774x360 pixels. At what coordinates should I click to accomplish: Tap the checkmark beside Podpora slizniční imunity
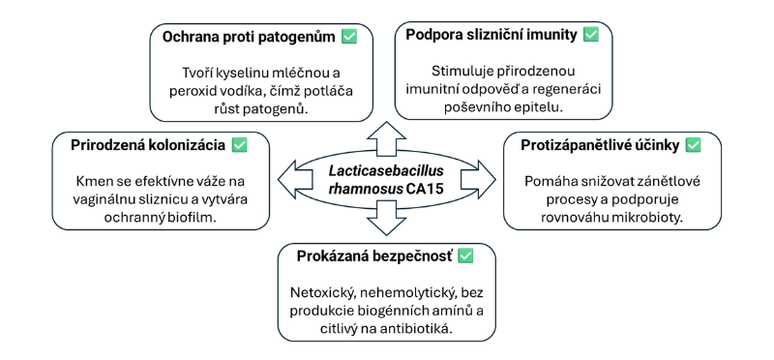[x=590, y=35]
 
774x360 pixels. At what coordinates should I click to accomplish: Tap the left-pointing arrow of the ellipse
[x=286, y=180]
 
